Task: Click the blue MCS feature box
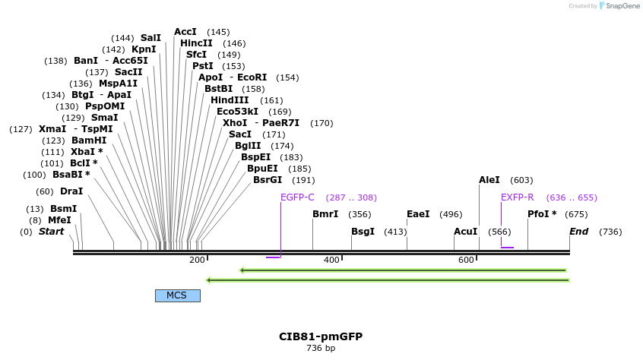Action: point(177,295)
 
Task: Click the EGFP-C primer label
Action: point(297,197)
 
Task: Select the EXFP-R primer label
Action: point(517,197)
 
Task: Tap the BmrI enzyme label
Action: point(325,214)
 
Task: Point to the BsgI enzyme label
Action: point(363,232)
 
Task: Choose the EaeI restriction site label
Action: point(418,214)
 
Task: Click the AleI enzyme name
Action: point(489,180)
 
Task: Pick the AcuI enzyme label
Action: point(465,232)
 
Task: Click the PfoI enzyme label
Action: point(542,214)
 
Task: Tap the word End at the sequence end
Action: point(579,232)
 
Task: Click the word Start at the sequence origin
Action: point(52,232)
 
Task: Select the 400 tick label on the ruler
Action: point(331,261)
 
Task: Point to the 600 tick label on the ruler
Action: point(466,261)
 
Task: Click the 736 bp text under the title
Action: point(321,349)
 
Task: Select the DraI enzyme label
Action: point(71,191)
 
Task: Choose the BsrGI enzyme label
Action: point(268,180)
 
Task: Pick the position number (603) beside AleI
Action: point(521,180)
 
